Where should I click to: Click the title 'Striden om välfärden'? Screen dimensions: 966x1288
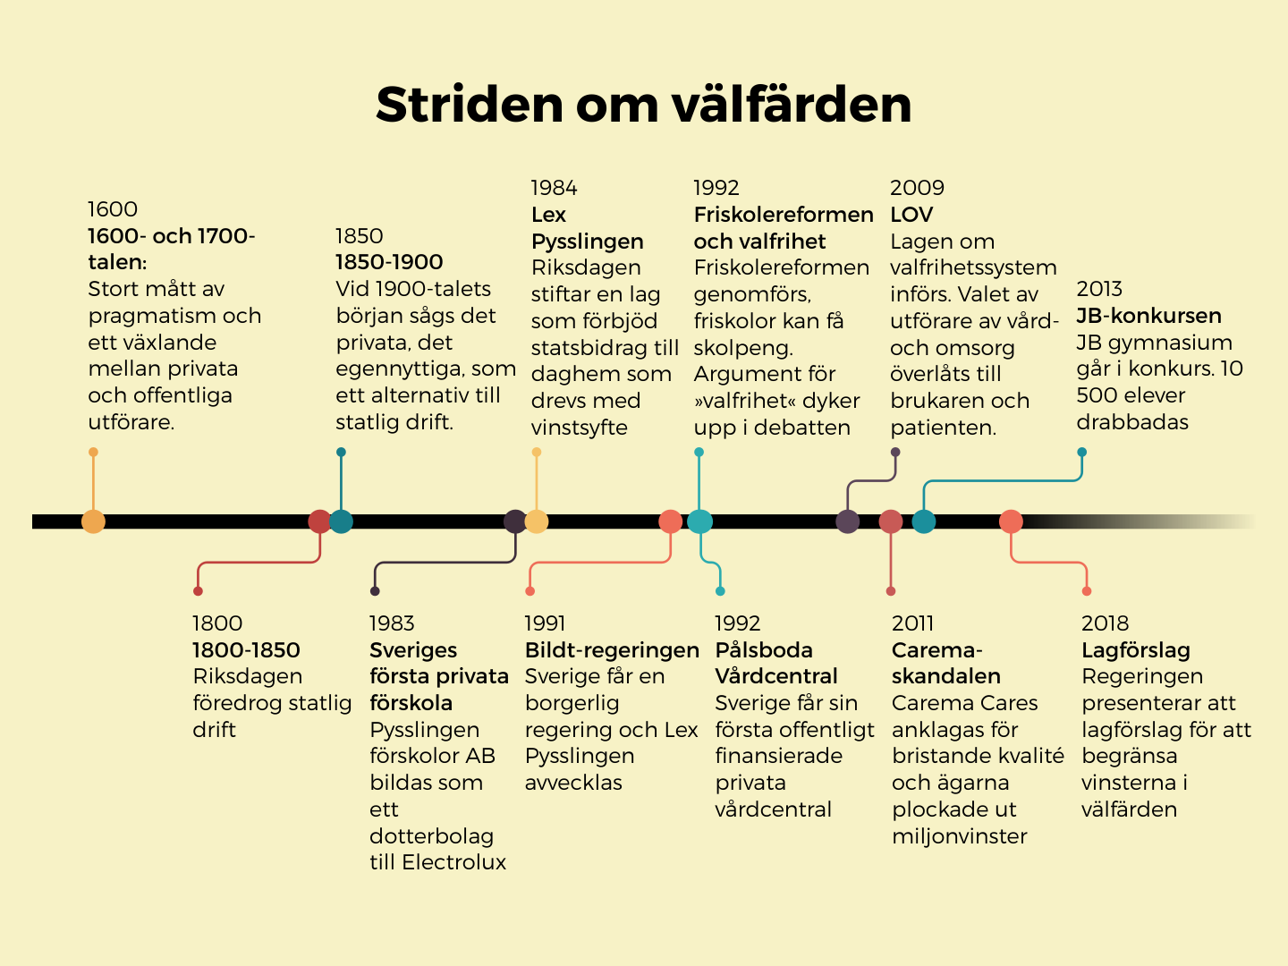643,105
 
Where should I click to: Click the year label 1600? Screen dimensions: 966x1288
113,209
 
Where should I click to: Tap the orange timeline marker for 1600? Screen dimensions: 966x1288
93,521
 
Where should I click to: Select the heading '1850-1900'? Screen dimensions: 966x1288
389,262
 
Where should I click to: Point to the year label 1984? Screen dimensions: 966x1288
554,188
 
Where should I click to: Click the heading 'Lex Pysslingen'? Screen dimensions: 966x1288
587,228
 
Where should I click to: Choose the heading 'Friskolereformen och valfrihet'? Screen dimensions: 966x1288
783,228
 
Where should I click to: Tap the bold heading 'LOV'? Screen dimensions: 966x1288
911,215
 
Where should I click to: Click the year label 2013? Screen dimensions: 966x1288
1099,289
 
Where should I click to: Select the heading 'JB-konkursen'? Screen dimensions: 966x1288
1148,316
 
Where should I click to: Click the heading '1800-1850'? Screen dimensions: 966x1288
246,650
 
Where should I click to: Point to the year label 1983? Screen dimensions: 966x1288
392,623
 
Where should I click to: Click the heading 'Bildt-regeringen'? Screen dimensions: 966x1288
612,650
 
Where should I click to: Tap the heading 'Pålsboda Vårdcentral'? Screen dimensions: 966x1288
776,663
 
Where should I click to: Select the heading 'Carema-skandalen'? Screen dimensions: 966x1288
945,663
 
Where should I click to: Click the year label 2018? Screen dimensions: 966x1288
1105,623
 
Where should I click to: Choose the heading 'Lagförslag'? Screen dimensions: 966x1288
1136,650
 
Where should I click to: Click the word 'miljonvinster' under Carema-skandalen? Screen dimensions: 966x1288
960,836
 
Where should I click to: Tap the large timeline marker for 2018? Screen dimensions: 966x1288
1011,521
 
